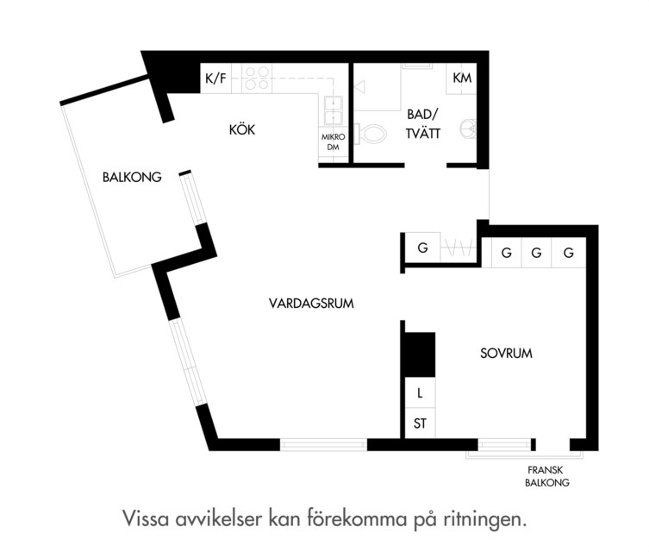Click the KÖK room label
pyautogui.click(x=242, y=129)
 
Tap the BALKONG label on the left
pyautogui.click(x=132, y=177)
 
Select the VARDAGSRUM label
pyautogui.click(x=311, y=303)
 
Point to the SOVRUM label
pyautogui.click(x=506, y=354)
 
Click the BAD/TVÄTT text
pyautogui.click(x=423, y=124)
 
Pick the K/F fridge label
pyautogui.click(x=216, y=78)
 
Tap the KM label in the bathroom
pyautogui.click(x=462, y=78)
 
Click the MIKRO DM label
pyautogui.click(x=333, y=141)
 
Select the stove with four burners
pyautogui.click(x=257, y=78)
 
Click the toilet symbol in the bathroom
pyautogui.click(x=371, y=134)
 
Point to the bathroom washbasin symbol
pyautogui.click(x=469, y=128)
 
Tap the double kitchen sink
pyautogui.click(x=334, y=110)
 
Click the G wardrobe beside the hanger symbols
pyautogui.click(x=422, y=248)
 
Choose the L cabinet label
pyautogui.click(x=420, y=393)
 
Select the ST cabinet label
pyautogui.click(x=420, y=423)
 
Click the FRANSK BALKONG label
pyautogui.click(x=546, y=476)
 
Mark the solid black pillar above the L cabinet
pyautogui.click(x=420, y=354)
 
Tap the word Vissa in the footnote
pyautogui.click(x=146, y=518)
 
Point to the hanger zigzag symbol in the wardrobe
pyautogui.click(x=458, y=248)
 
